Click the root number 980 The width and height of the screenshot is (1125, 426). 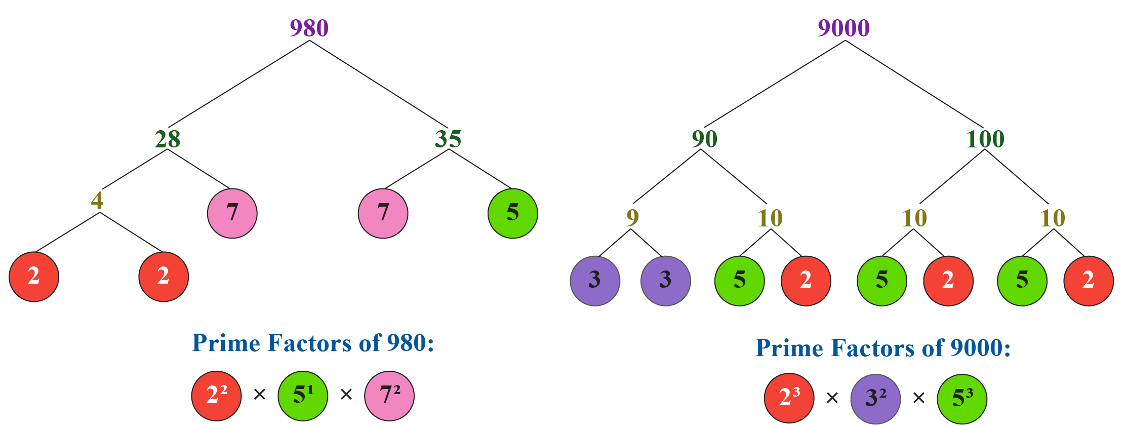(x=309, y=28)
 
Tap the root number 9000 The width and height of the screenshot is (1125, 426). (x=843, y=28)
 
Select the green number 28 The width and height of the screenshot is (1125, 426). (x=168, y=139)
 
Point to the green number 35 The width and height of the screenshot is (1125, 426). (x=448, y=139)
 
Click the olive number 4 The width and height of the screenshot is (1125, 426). (x=97, y=201)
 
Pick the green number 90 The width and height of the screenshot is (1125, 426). (x=704, y=139)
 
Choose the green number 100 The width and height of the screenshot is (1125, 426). (x=985, y=139)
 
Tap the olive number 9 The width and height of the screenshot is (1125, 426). (x=632, y=218)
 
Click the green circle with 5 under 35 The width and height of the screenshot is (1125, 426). (x=512, y=213)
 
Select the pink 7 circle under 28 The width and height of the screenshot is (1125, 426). (x=232, y=213)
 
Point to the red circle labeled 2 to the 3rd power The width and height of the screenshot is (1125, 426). (x=789, y=398)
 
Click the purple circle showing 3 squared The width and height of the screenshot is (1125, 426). (x=875, y=398)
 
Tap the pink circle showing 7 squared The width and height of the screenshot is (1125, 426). (x=389, y=396)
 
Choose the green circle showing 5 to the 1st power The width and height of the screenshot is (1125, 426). (x=302, y=396)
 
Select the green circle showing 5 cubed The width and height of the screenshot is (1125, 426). (x=961, y=398)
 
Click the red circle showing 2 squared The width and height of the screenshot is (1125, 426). (x=216, y=396)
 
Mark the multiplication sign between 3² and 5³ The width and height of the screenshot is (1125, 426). (x=918, y=398)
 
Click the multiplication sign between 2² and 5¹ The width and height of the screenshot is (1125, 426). (x=259, y=394)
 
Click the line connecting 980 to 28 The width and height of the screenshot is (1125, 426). (x=238, y=84)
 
